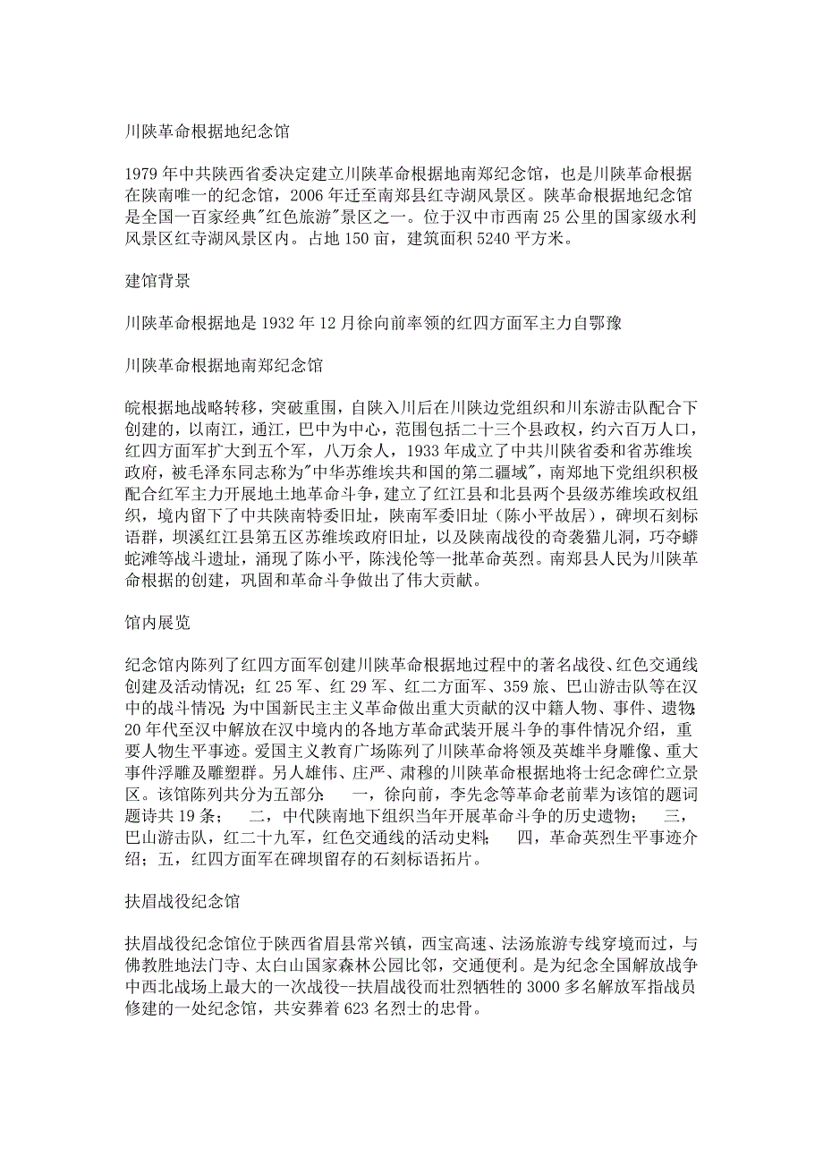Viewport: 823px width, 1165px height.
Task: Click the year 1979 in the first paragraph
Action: [x=141, y=174]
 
